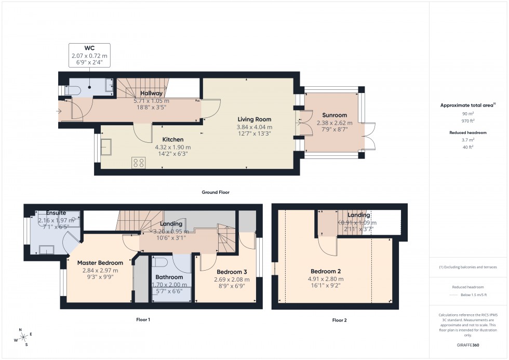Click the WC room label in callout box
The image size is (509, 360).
[89, 48]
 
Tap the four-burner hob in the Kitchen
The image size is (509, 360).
[139, 163]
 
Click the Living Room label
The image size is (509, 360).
[254, 119]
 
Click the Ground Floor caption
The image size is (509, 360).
[216, 192]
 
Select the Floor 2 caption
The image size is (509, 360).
[339, 320]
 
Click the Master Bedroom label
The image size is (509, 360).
[100, 263]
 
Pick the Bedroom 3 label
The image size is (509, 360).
[232, 272]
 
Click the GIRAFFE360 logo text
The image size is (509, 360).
[467, 344]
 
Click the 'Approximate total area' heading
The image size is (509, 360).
[467, 105]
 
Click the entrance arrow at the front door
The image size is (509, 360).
[59, 111]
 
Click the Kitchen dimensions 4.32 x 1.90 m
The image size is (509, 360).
[173, 147]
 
